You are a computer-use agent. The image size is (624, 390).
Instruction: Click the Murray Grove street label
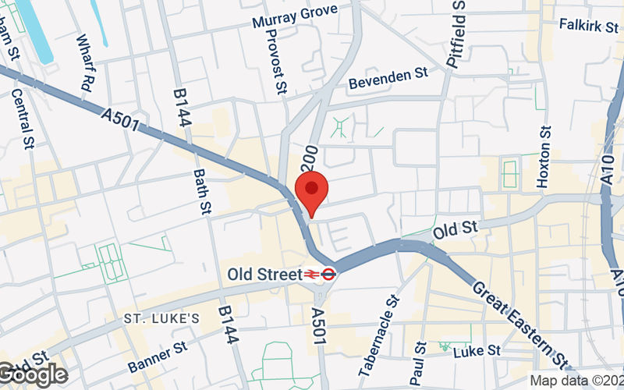pyautogui.click(x=295, y=16)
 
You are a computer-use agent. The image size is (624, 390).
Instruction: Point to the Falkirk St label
pyautogui.click(x=588, y=24)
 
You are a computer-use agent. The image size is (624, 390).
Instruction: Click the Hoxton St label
pyautogui.click(x=544, y=157)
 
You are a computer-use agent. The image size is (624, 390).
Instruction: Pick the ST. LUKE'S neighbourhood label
pyautogui.click(x=162, y=319)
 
